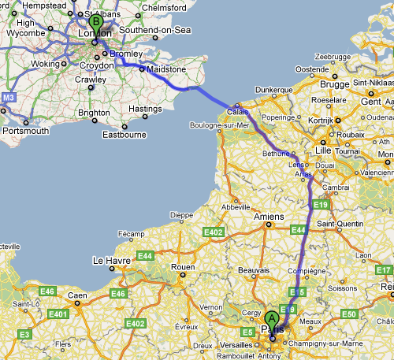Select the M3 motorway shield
[9, 98]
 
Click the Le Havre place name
[110, 260]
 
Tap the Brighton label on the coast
[94, 113]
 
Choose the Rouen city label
[183, 267]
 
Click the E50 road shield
[350, 314]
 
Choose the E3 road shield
[24, 335]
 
